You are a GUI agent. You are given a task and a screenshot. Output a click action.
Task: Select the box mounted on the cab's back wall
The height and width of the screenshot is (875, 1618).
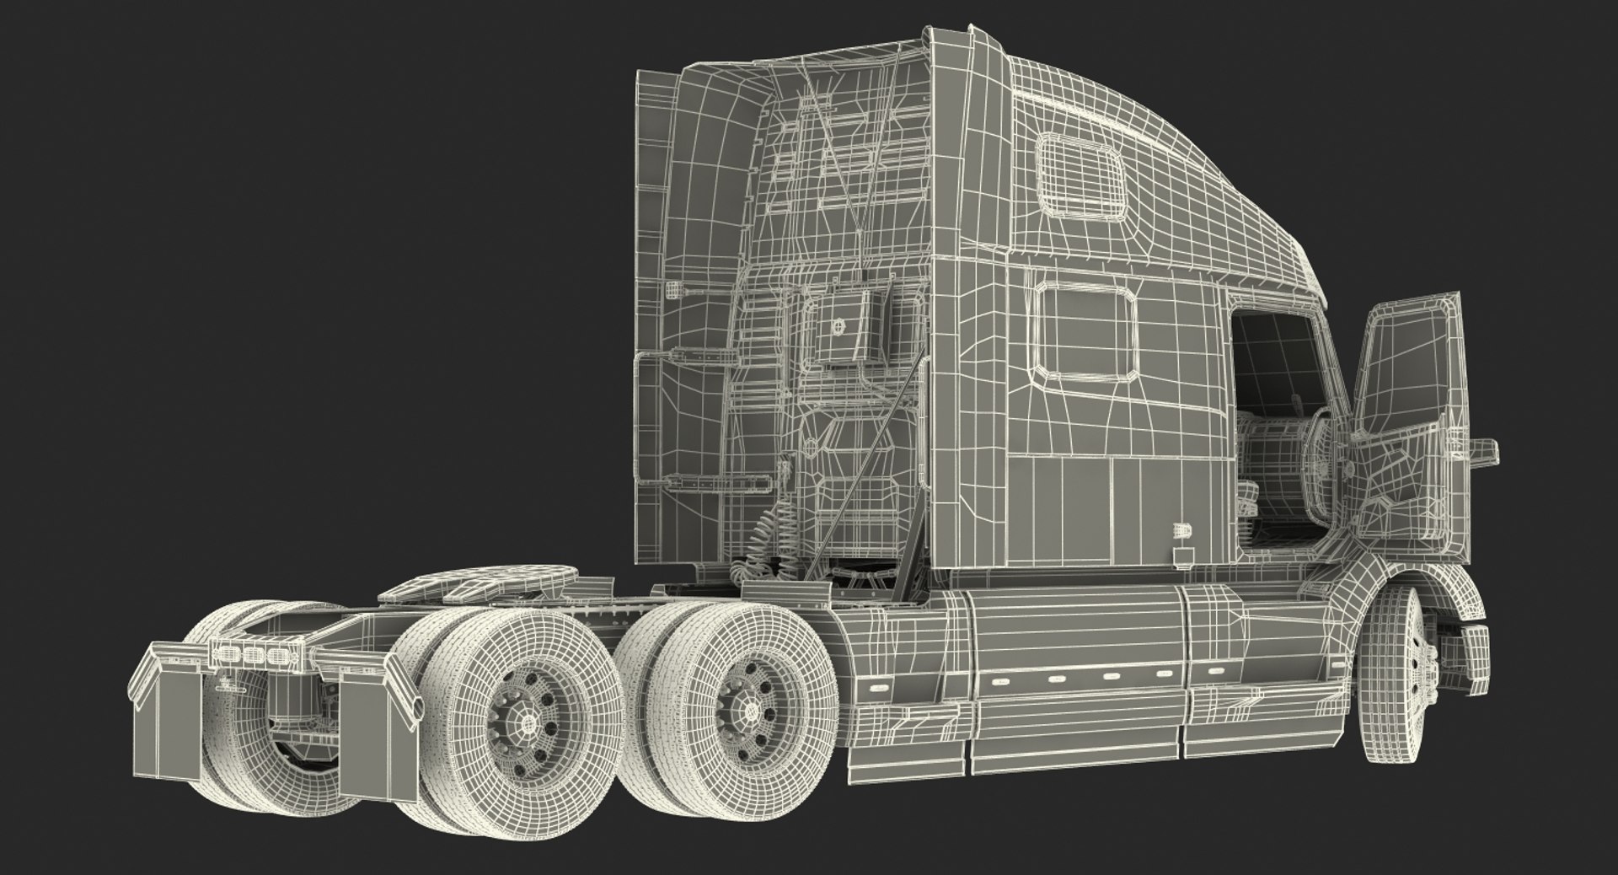click(844, 328)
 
